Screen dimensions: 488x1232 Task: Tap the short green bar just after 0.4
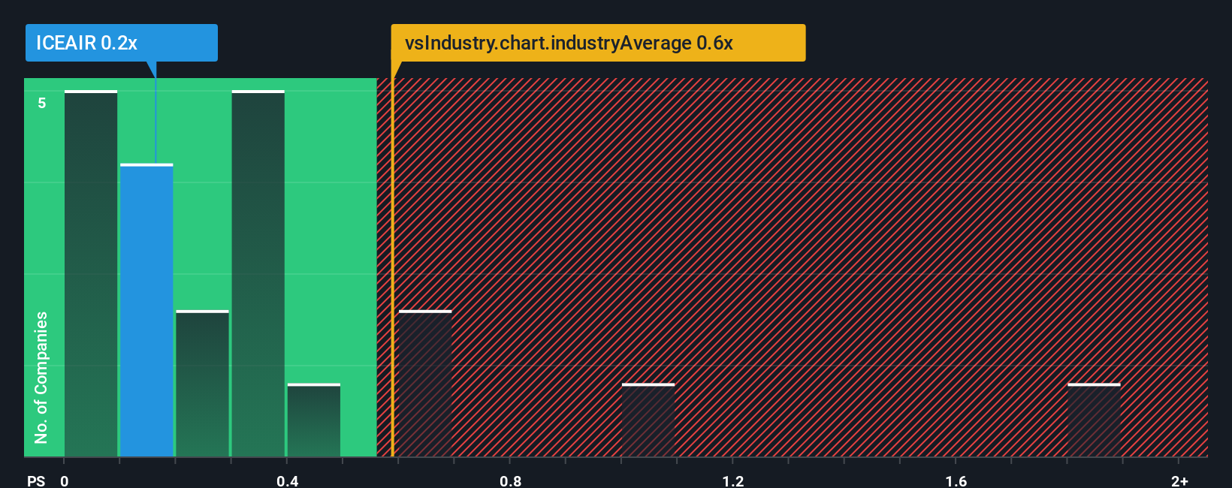314,420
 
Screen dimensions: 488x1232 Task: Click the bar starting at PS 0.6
425,383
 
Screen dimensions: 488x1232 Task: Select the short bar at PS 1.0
648,420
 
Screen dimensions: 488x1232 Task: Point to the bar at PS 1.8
1094,420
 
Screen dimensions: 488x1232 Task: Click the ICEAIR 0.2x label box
121,43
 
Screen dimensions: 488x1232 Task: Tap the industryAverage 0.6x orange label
598,43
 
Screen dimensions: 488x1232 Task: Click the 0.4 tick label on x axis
287,480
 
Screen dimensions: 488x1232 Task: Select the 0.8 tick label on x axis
510,480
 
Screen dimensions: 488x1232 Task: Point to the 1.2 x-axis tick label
733,480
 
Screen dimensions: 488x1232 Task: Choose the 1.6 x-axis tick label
956,480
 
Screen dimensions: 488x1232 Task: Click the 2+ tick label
1179,480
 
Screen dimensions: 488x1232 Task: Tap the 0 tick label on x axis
65,480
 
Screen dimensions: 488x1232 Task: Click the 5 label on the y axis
42,103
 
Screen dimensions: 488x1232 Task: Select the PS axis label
36,480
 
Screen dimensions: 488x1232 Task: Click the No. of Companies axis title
41,377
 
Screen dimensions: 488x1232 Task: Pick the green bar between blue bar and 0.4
203,383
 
